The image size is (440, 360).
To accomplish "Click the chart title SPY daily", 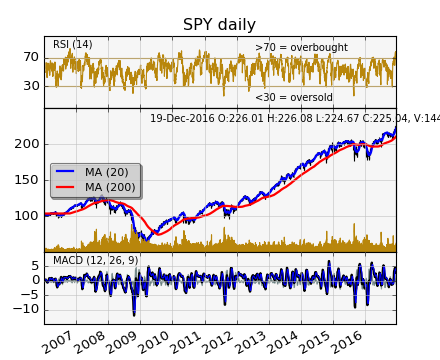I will (x=219, y=25).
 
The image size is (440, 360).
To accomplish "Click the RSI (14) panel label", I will (x=72, y=44).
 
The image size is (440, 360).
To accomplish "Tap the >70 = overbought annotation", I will (x=301, y=47).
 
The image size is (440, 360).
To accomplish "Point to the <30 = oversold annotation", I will (x=294, y=97).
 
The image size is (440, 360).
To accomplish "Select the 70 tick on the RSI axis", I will (x=31, y=58).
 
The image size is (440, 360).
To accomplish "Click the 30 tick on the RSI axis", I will (x=31, y=86).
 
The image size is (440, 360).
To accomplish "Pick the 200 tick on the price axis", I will (x=27, y=144).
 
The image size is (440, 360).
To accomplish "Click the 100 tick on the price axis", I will (x=27, y=215).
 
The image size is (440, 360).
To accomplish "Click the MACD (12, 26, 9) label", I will (x=96, y=260).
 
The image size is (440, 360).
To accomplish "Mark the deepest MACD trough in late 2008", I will (x=134, y=315).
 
